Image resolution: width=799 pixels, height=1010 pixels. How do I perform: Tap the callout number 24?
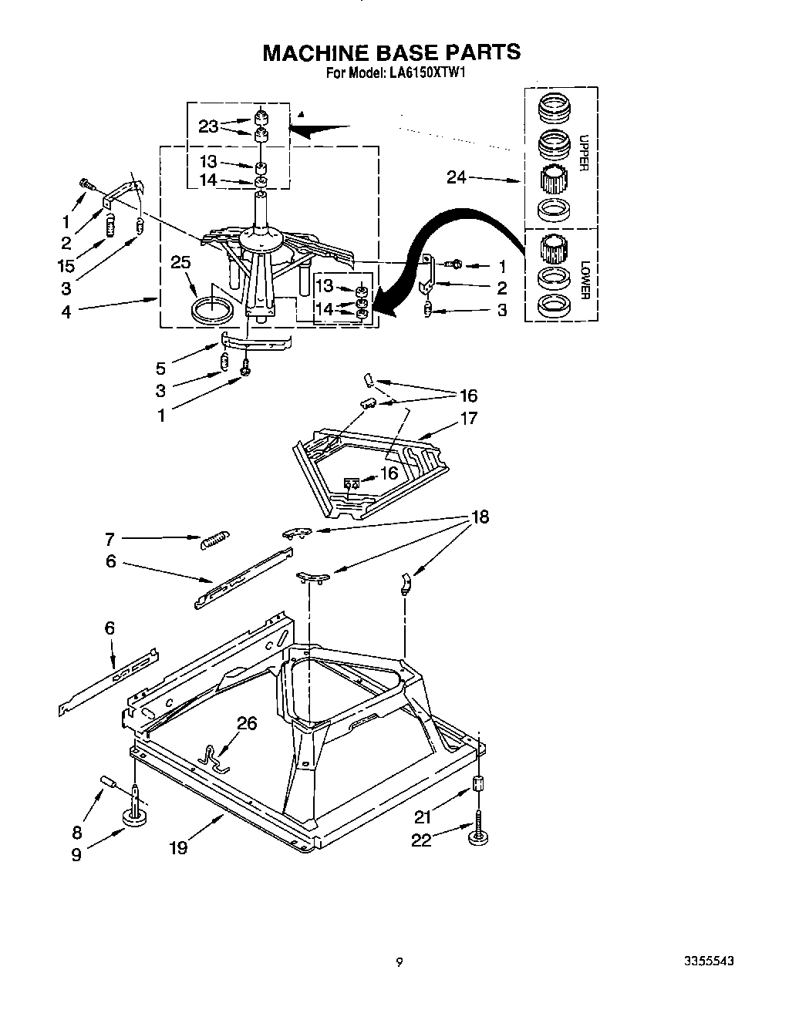[x=457, y=177]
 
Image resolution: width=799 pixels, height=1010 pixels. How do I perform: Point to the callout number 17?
[x=468, y=418]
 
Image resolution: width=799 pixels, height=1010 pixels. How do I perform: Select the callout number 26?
[x=247, y=723]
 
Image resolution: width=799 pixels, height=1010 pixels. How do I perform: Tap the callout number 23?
[x=208, y=126]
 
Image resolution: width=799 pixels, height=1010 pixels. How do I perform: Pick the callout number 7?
[x=110, y=540]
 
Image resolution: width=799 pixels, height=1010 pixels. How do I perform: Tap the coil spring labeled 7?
[x=214, y=540]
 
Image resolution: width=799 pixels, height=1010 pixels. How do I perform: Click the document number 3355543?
[x=707, y=961]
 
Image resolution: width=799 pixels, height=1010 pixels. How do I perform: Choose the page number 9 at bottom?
[x=399, y=961]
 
